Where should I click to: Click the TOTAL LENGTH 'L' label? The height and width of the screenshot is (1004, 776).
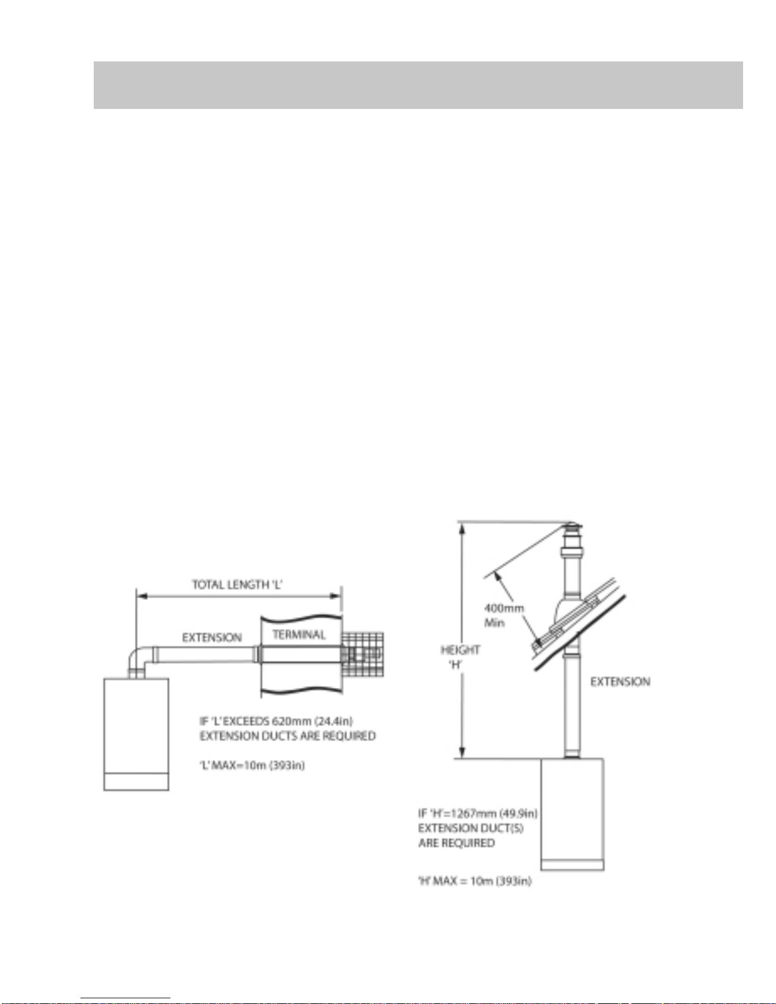(x=237, y=585)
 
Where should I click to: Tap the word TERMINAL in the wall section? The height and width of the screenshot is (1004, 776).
(x=299, y=634)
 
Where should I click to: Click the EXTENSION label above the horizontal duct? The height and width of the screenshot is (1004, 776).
(x=212, y=638)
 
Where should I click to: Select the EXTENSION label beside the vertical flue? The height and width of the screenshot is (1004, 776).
(x=620, y=682)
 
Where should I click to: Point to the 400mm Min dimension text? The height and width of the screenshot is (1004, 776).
(x=504, y=615)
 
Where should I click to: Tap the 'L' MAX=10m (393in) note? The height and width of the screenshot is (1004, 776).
(x=251, y=765)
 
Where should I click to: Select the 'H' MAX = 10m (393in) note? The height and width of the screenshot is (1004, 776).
(x=475, y=880)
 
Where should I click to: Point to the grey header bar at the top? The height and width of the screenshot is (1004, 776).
(x=418, y=85)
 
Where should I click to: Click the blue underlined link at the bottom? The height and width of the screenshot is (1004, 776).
(x=125, y=999)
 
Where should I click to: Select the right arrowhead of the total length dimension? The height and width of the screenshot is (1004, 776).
(x=336, y=596)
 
